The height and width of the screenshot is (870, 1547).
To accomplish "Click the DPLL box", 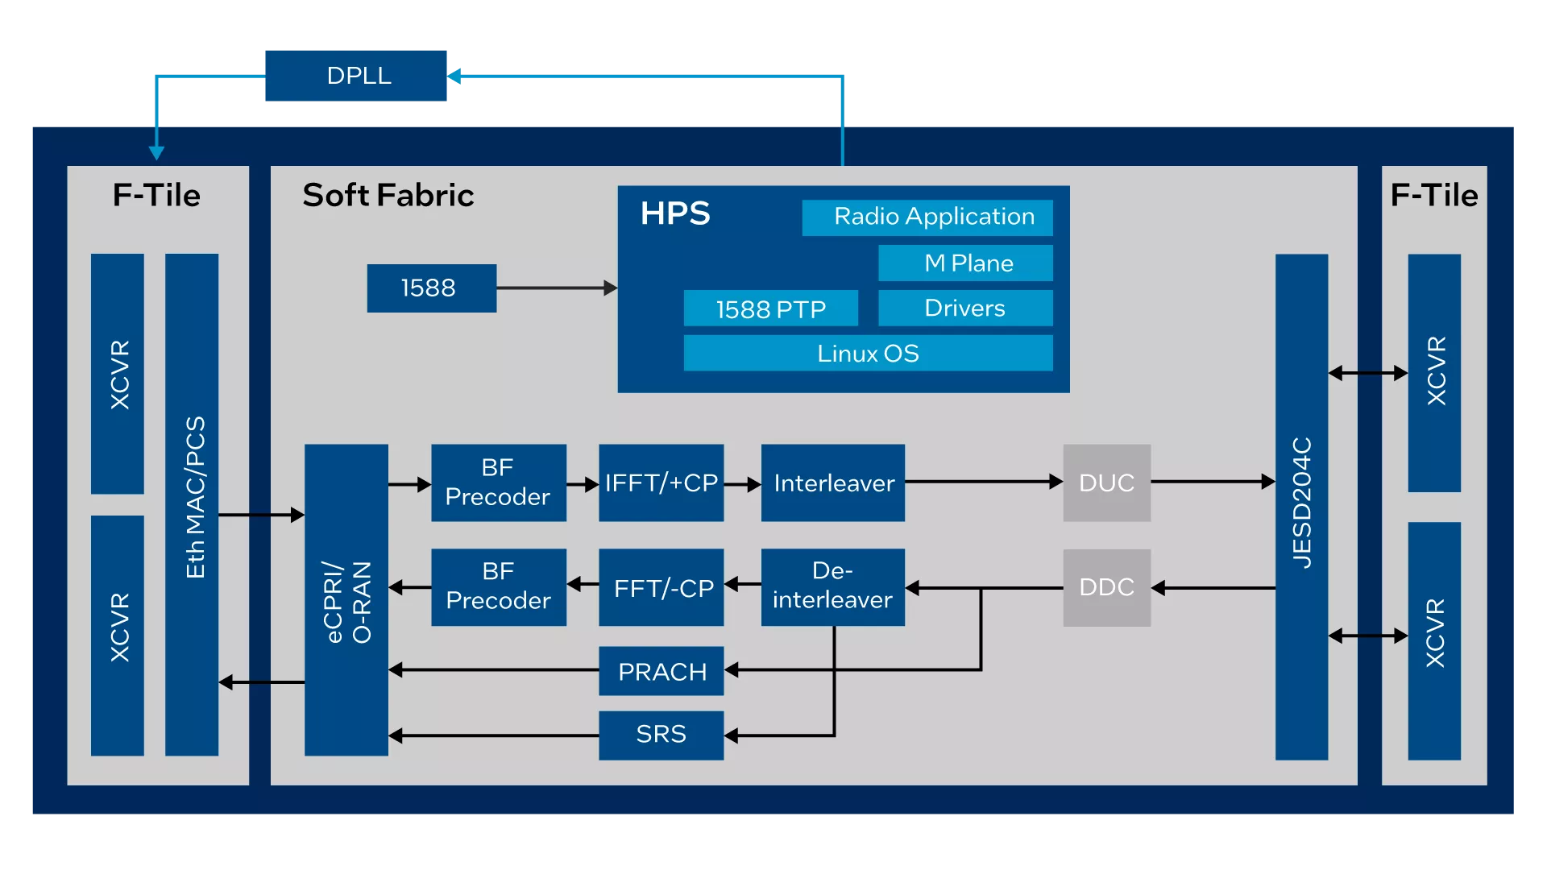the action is click(x=355, y=76).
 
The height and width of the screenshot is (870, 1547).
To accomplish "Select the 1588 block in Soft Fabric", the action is click(x=431, y=288).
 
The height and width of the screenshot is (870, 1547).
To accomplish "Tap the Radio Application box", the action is click(x=927, y=217).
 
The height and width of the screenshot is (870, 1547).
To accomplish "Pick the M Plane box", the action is click(x=965, y=263).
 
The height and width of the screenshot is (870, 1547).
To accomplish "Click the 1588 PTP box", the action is click(x=770, y=308).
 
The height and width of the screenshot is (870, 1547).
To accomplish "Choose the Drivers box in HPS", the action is click(x=965, y=308).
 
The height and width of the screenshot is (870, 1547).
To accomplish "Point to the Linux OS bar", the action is click(x=868, y=353).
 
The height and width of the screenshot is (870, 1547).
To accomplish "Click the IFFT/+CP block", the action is click(x=661, y=483).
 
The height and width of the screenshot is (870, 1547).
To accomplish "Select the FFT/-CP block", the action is click(x=661, y=587).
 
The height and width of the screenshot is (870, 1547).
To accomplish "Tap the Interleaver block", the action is click(x=832, y=483).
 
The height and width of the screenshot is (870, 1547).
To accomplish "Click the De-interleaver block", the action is click(x=832, y=587).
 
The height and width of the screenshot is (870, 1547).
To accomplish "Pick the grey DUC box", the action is click(x=1106, y=483).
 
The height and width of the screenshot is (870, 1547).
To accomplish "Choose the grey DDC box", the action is click(x=1106, y=587).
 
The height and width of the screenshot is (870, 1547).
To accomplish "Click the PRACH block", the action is click(x=661, y=671).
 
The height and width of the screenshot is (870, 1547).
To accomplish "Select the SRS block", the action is click(x=661, y=735).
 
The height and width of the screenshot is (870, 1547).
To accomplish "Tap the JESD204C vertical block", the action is click(x=1301, y=507).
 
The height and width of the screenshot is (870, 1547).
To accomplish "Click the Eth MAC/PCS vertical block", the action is click(x=192, y=504).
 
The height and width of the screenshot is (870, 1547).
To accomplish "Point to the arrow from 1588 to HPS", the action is click(x=557, y=288).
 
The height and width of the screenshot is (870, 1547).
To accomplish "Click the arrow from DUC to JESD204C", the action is click(x=1213, y=482).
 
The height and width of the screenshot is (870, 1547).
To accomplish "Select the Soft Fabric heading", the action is click(x=388, y=196).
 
